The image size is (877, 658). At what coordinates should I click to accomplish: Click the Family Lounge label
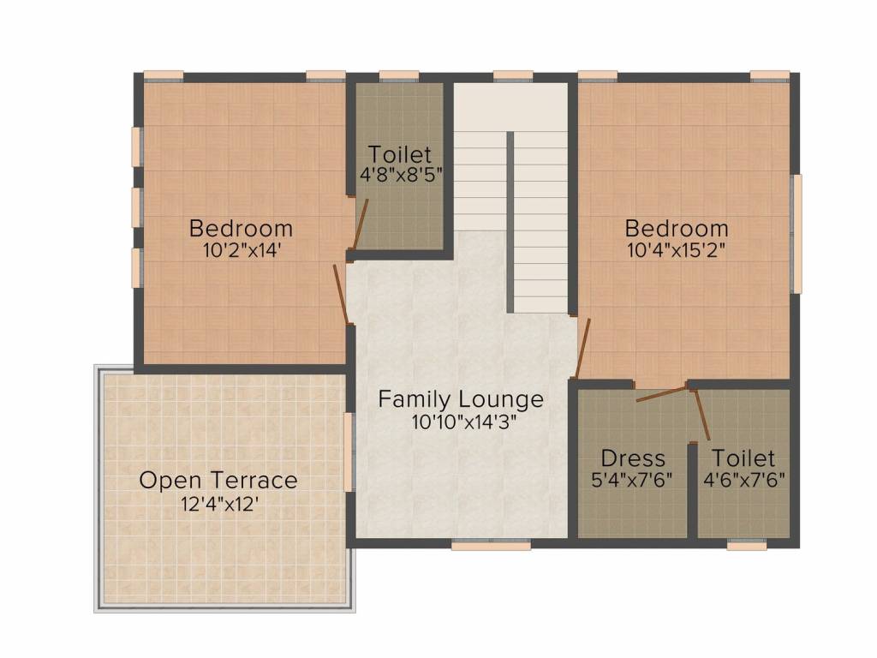(461, 399)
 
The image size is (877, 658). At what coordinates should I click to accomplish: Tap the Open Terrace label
(218, 481)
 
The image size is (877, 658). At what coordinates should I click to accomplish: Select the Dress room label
(633, 458)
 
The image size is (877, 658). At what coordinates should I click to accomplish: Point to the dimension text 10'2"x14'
(241, 251)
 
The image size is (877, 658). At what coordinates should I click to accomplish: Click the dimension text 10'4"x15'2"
(677, 251)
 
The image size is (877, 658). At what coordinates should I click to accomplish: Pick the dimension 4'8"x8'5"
(399, 176)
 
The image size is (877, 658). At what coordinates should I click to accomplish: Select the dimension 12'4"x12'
(218, 504)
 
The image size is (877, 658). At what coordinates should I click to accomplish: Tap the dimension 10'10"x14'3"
(461, 422)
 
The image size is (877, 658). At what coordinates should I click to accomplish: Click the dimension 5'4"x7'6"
(633, 480)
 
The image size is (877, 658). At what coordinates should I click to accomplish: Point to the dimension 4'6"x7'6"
(743, 480)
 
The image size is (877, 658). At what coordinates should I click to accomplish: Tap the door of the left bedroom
(341, 293)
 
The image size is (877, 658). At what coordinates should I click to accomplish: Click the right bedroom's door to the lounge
(583, 347)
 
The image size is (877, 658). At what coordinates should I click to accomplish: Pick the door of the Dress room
(662, 395)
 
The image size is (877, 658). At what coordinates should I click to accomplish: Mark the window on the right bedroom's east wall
(796, 233)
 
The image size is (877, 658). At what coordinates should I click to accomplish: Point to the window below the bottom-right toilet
(746, 544)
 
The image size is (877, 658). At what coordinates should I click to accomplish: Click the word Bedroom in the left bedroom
(241, 229)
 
